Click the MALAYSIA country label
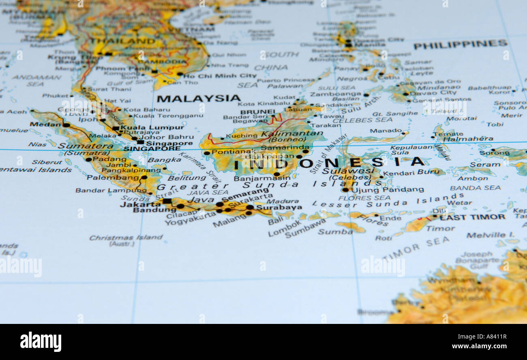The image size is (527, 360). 198,98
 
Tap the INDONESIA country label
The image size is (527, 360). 329,163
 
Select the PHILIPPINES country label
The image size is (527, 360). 460,44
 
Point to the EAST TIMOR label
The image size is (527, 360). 472,217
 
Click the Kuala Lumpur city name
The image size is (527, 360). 152,127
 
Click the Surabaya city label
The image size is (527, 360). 279,207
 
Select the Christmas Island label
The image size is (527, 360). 126,238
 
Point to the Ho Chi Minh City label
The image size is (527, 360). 220,76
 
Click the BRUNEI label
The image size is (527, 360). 257,112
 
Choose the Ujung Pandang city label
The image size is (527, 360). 388,190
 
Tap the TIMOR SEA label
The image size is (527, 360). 416,248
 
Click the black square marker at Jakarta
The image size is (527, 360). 166,201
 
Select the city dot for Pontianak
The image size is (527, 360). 206,153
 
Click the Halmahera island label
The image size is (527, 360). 468,139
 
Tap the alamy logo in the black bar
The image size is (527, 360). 41,341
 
